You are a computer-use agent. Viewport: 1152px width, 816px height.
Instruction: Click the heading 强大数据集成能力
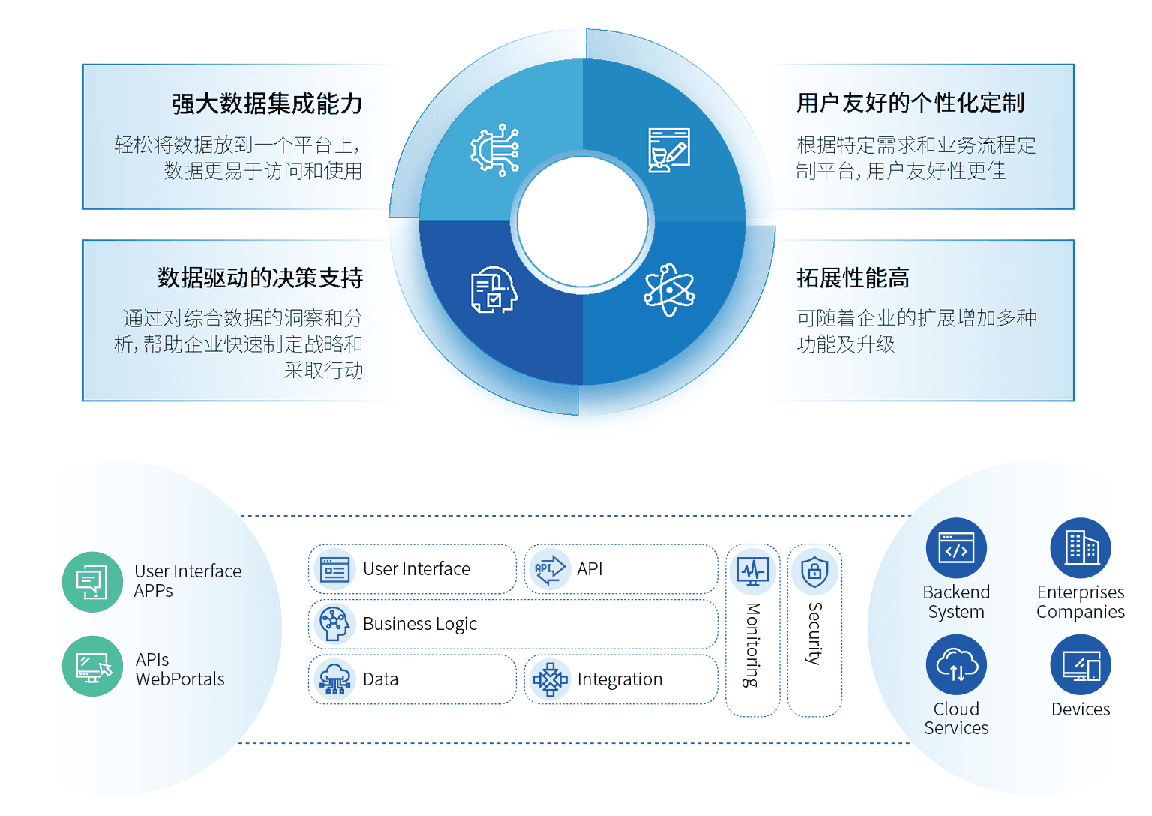(267, 103)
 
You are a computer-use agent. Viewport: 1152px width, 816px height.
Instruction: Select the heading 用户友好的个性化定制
(910, 103)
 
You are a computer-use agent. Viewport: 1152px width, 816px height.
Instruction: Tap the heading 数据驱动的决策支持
(260, 277)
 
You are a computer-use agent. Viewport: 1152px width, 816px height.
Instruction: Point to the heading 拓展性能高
(853, 277)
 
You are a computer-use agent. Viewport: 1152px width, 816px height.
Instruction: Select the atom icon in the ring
(669, 290)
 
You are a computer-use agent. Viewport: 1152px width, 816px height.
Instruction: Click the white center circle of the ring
(583, 222)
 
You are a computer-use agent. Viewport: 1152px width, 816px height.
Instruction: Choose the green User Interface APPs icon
(92, 582)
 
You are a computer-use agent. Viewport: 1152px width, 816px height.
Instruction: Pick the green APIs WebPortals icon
(92, 666)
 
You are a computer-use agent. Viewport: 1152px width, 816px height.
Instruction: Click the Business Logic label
(419, 624)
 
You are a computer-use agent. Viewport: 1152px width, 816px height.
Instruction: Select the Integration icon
(550, 679)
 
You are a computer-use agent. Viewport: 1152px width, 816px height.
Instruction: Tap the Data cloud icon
(334, 679)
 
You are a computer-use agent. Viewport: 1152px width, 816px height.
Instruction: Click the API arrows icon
(550, 569)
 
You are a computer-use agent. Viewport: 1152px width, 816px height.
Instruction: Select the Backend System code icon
(956, 548)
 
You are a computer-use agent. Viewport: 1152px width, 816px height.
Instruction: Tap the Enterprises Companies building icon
(1081, 548)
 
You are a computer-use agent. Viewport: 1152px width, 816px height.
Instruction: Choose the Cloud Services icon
(956, 665)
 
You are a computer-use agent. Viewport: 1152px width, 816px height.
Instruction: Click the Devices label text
(1081, 709)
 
